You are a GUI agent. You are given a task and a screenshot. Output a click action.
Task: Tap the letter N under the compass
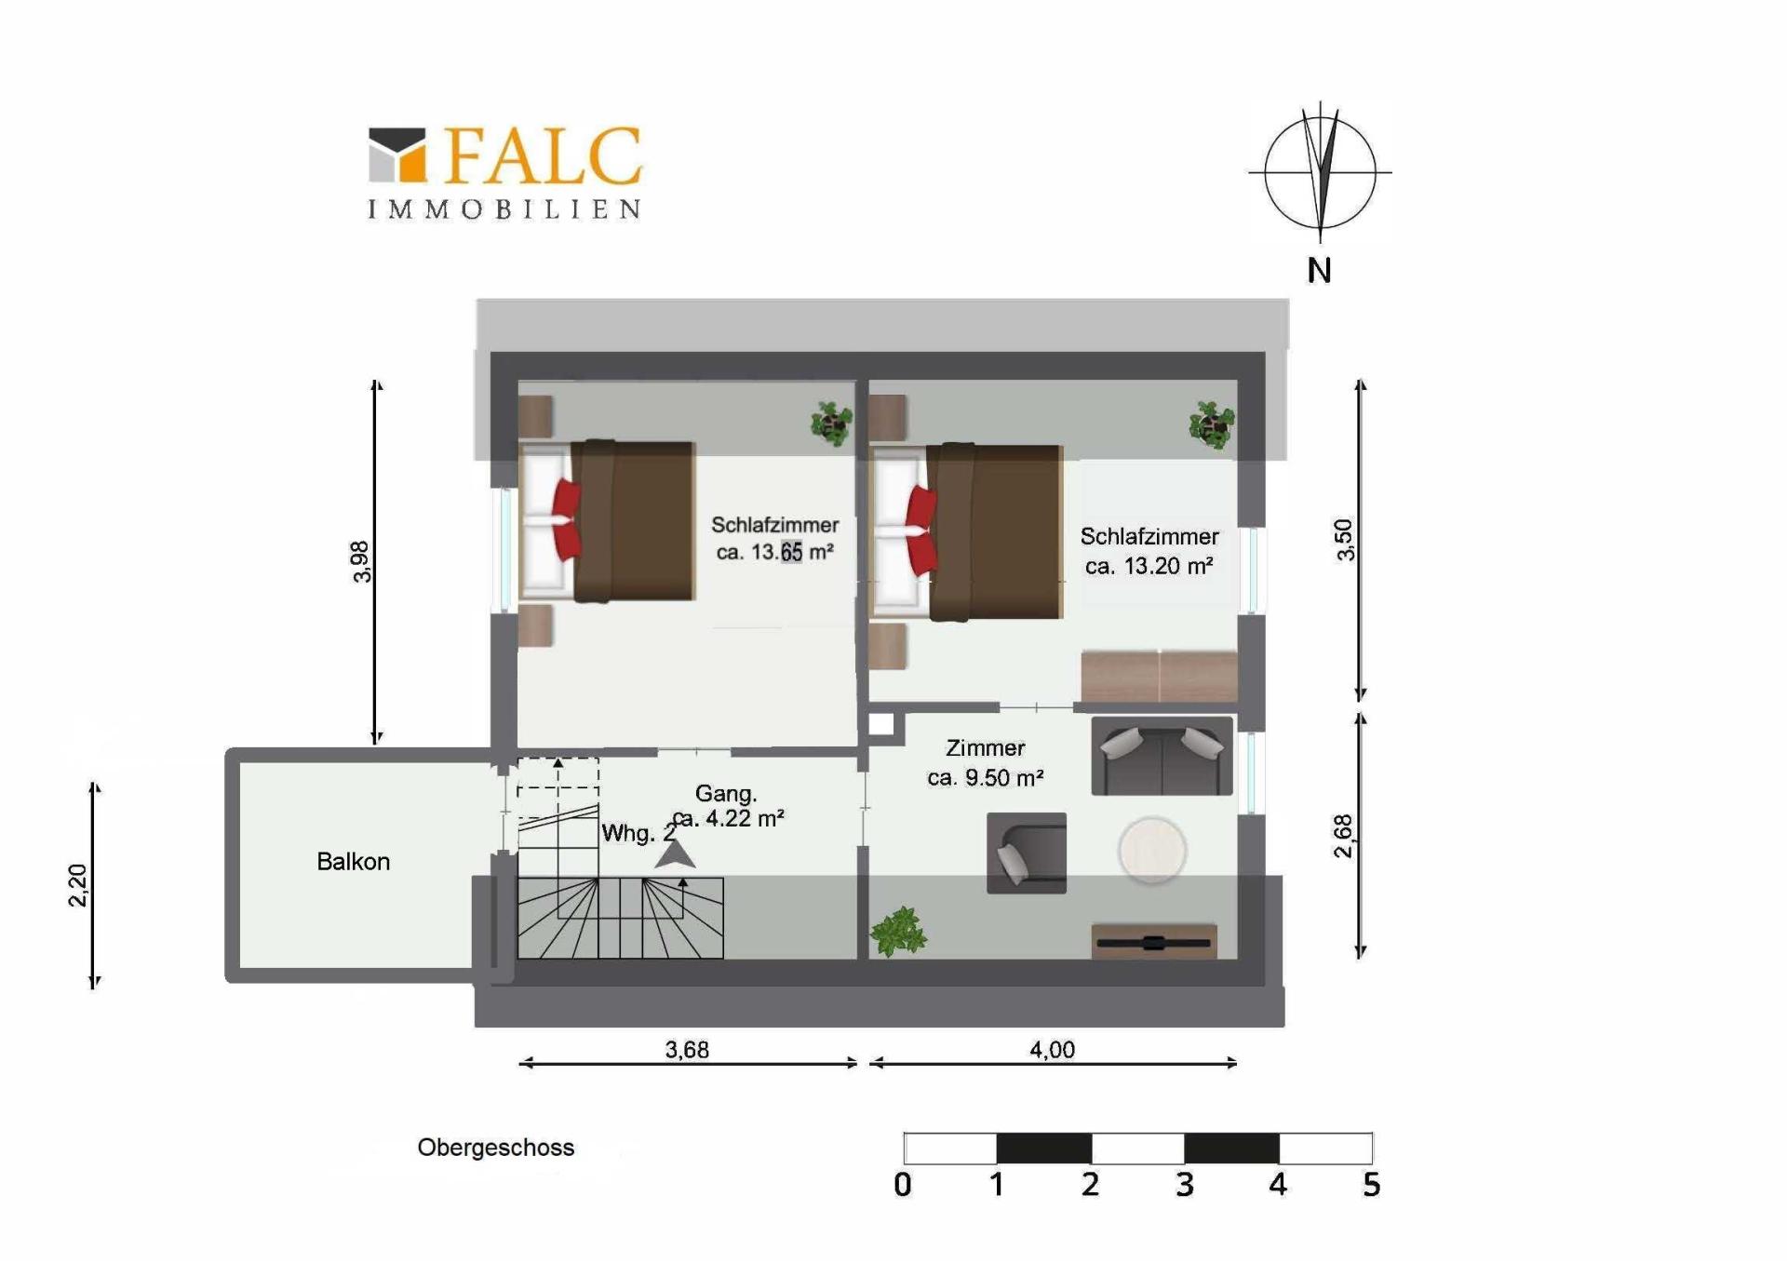(x=1319, y=271)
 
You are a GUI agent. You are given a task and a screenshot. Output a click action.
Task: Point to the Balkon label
(x=354, y=862)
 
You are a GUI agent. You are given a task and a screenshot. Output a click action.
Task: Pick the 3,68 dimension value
(x=687, y=1050)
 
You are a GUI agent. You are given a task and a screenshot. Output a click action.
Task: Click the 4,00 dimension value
(x=1053, y=1050)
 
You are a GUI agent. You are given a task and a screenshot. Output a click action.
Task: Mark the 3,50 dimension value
(x=1345, y=540)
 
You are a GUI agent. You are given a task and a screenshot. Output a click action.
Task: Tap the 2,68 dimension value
(x=1343, y=836)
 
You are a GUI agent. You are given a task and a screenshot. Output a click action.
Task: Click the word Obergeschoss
(x=496, y=1148)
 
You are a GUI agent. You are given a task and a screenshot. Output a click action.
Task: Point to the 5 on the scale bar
(x=1371, y=1185)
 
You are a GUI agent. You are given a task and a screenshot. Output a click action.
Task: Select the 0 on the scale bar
(x=902, y=1185)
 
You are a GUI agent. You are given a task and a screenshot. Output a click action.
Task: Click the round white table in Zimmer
(x=1152, y=850)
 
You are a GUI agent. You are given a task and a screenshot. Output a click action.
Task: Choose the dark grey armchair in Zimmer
(x=1027, y=853)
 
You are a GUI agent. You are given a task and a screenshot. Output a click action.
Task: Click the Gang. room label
(x=726, y=794)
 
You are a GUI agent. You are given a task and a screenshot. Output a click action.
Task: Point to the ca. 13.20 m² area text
(x=1149, y=566)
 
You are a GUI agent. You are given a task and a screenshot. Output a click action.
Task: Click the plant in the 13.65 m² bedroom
(x=831, y=423)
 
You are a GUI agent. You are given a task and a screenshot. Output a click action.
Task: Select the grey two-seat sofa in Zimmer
(x=1162, y=755)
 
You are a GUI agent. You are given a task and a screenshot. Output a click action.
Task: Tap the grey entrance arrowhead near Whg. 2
(x=675, y=854)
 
